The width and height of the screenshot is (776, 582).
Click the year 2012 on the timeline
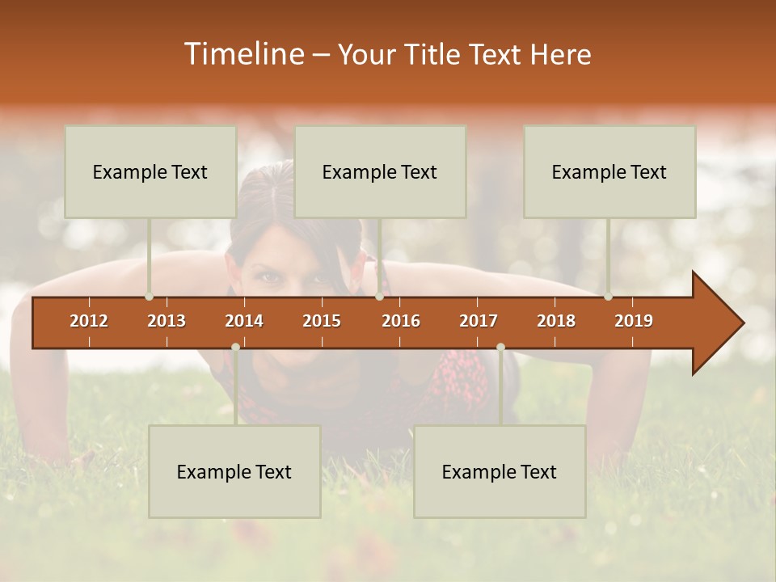click(89, 321)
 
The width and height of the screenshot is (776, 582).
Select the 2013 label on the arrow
click(167, 321)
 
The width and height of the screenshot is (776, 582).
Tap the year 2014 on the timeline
click(244, 321)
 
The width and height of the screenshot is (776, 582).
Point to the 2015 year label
click(322, 321)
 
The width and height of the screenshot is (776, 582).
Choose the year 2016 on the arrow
click(401, 321)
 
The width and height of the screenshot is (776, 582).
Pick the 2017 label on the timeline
click(479, 321)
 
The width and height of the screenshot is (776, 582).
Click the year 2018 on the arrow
click(556, 321)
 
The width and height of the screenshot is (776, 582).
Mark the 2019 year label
click(634, 321)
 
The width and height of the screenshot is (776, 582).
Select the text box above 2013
click(150, 171)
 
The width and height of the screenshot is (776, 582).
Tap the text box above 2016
click(380, 171)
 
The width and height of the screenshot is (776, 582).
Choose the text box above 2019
click(609, 171)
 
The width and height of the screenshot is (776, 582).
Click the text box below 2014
click(234, 471)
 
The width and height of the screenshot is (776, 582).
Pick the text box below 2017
click(500, 471)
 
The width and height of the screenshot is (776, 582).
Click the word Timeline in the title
click(243, 54)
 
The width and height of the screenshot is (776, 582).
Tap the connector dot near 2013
click(150, 297)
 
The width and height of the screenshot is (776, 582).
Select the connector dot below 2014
click(235, 347)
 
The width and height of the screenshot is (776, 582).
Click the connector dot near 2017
click(500, 347)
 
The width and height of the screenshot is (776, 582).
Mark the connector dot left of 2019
click(609, 297)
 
